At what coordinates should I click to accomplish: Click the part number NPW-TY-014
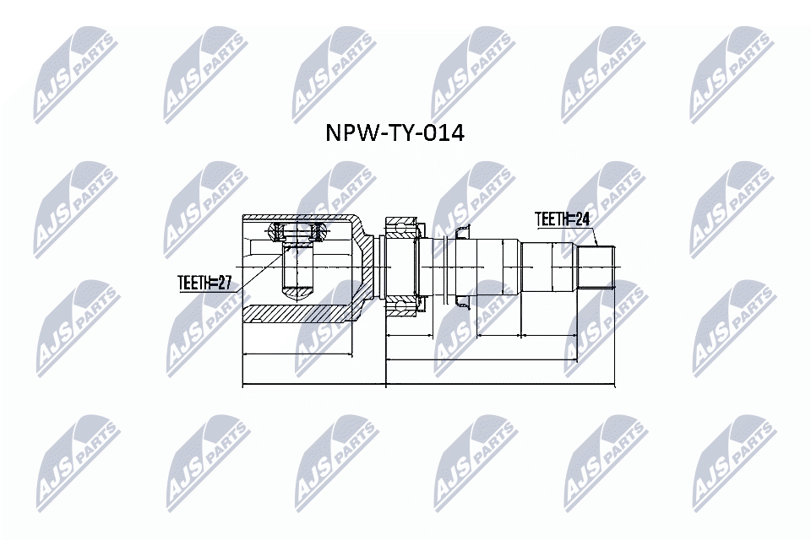tap(395, 132)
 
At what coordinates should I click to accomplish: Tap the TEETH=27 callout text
tap(204, 283)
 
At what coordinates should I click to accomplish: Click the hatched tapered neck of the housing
tap(364, 268)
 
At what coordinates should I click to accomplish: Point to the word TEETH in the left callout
tap(193, 283)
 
